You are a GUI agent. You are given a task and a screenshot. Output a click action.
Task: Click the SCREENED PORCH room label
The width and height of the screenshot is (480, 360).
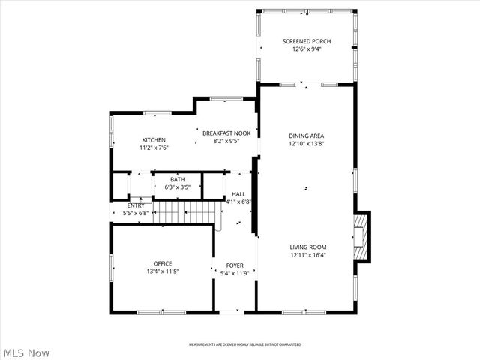[307, 41]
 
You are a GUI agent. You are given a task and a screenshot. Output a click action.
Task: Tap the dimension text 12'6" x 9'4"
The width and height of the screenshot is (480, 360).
[307, 49]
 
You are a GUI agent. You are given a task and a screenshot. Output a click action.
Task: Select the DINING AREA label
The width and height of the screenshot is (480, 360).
[307, 136]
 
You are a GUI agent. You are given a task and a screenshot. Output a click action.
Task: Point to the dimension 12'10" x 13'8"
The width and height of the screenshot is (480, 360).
[307, 144]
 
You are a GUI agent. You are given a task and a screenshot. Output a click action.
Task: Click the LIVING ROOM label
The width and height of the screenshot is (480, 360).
[308, 247]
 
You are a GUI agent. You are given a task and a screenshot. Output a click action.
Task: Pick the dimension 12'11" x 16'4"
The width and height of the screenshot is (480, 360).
[308, 255]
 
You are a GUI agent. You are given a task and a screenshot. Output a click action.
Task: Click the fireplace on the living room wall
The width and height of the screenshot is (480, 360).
[363, 235]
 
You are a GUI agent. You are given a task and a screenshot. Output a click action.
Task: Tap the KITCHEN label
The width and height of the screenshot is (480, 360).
[154, 140]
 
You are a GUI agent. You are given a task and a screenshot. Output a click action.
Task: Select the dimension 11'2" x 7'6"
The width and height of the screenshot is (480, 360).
[154, 148]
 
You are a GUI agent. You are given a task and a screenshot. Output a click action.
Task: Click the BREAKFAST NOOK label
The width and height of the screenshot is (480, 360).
[226, 133]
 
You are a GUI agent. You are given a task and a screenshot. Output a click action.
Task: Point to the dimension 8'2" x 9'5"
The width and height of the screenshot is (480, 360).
[226, 140]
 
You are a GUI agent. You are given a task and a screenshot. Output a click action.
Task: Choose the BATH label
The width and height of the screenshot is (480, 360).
[177, 179]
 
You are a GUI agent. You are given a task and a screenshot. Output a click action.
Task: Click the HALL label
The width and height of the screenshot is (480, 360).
[238, 193]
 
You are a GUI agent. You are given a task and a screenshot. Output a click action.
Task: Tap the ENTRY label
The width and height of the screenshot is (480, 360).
[136, 205]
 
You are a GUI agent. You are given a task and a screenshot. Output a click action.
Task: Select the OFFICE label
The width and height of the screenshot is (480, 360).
[163, 263]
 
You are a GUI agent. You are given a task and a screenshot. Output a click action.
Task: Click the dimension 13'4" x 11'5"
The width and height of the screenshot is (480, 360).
[163, 271]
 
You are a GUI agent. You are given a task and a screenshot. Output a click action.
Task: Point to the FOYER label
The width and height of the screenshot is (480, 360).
[235, 265]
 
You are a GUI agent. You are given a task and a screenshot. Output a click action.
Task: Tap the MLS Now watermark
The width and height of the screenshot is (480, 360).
[26, 352]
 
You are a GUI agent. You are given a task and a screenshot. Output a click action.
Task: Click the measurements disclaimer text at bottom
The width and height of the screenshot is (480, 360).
[244, 344]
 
